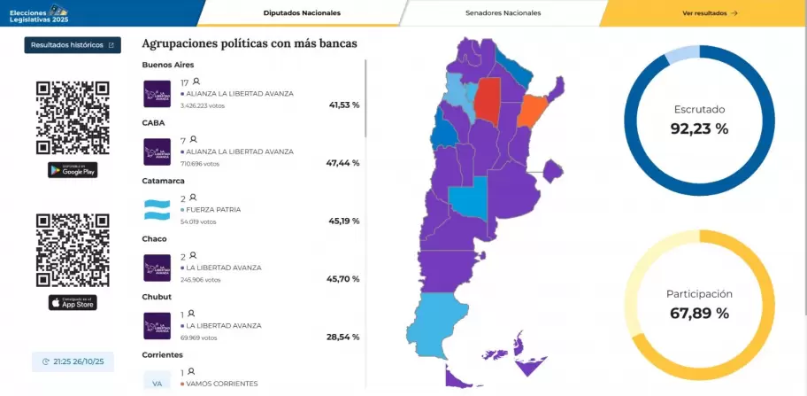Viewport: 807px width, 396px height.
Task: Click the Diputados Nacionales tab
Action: [302, 13]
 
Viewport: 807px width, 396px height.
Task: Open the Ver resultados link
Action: [710, 13]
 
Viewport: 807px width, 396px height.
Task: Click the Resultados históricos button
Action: [73, 45]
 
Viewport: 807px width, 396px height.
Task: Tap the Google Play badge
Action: [73, 170]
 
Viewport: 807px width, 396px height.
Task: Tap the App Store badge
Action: [73, 303]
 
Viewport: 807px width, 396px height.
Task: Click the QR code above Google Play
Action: [73, 118]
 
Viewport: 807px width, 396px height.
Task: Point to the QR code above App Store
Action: [73, 251]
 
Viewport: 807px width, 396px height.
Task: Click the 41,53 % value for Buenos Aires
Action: [343, 105]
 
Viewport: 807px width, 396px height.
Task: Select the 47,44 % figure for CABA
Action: [343, 163]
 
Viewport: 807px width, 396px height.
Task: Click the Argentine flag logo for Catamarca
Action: [157, 210]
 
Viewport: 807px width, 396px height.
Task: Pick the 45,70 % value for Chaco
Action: [343, 279]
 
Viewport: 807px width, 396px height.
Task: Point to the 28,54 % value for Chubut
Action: [343, 338]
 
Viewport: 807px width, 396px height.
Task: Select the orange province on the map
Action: [531, 112]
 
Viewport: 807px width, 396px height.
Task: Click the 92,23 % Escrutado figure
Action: [699, 128]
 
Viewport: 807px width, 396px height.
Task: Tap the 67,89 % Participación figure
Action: [699, 313]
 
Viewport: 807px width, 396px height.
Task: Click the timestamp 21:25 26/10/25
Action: [73, 361]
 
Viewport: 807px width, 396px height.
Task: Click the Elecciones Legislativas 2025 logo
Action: [36, 13]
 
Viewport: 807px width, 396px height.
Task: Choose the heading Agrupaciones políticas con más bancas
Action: [256, 43]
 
